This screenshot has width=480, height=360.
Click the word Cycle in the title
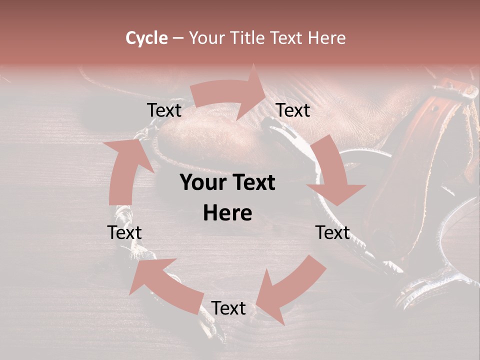click(146, 38)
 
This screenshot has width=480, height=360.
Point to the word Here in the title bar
click(326, 38)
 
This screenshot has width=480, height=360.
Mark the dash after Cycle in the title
click(177, 38)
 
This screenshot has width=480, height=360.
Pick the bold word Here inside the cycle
click(227, 213)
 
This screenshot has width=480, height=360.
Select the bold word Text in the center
click(252, 183)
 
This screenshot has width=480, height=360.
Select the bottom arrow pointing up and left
click(165, 285)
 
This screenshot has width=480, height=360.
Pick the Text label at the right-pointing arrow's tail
click(164, 110)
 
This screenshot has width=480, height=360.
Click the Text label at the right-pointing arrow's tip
click(293, 110)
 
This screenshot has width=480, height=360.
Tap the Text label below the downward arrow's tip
click(332, 232)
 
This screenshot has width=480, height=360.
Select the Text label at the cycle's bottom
click(228, 308)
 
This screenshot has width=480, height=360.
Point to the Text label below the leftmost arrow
click(124, 232)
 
